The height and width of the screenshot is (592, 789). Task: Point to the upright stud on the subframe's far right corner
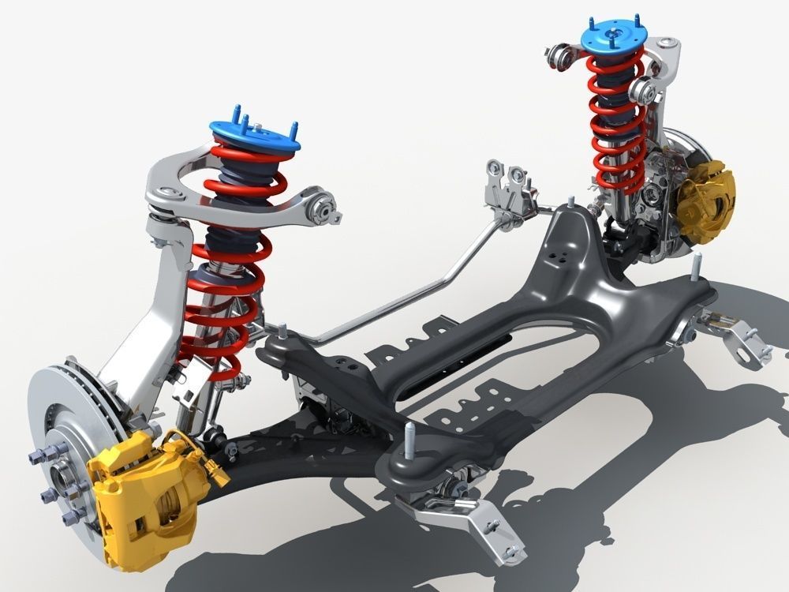click(x=697, y=268)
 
